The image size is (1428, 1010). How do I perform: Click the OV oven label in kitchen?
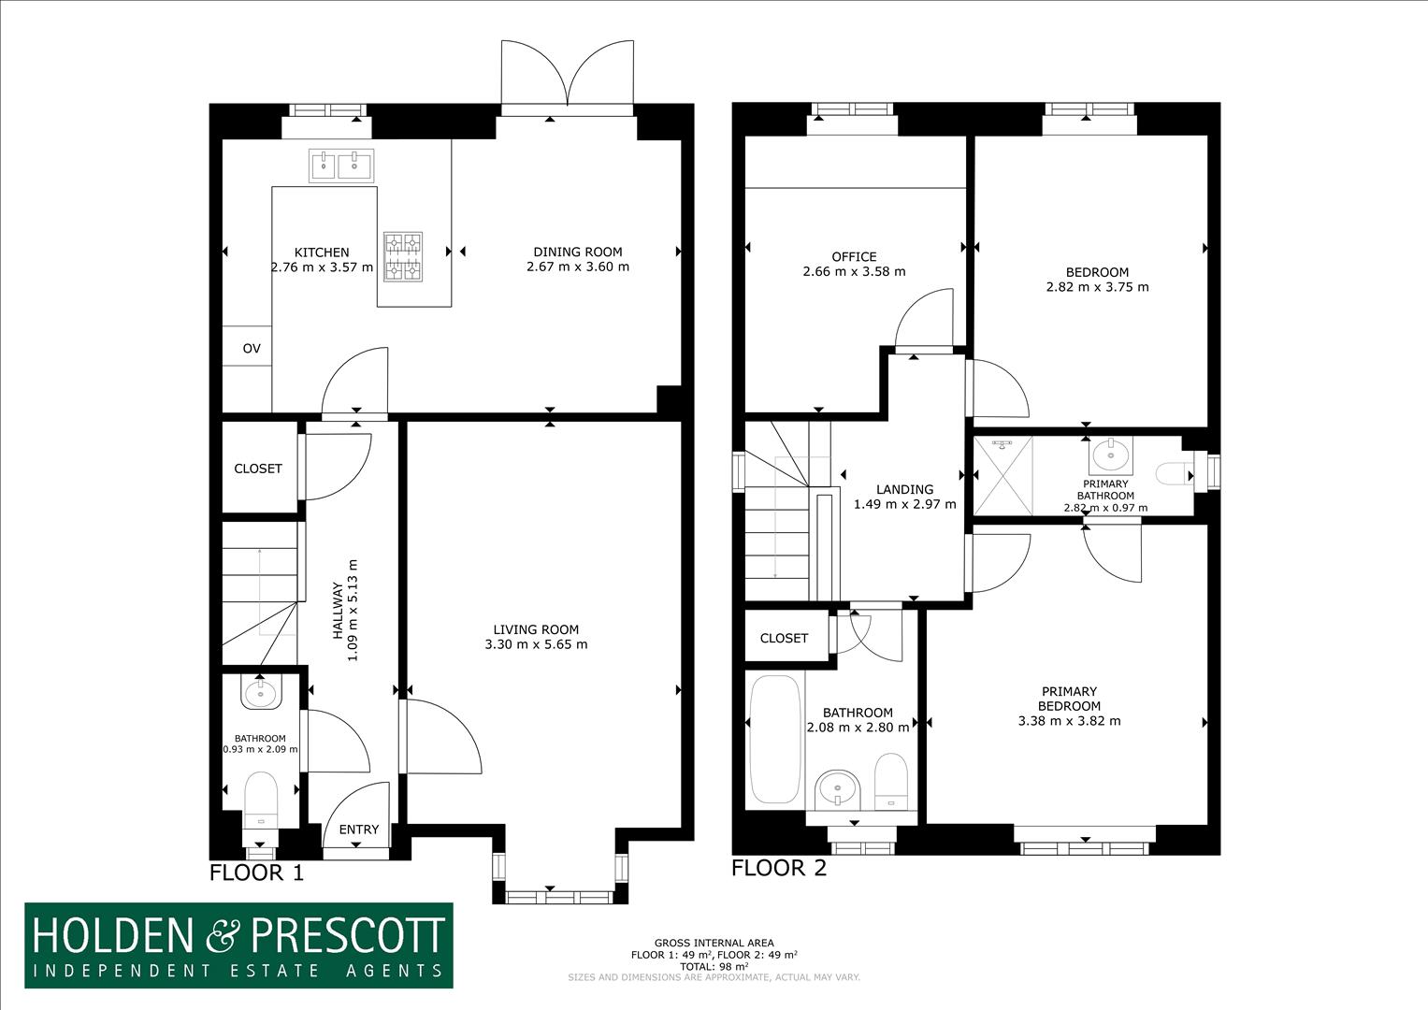[x=252, y=349]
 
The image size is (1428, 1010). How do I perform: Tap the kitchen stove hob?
[x=402, y=256]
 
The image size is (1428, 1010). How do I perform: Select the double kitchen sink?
[x=341, y=166]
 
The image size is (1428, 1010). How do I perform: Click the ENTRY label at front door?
[x=359, y=830]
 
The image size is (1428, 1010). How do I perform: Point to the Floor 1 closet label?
[x=258, y=469]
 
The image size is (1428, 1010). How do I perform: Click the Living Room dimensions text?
[x=536, y=644]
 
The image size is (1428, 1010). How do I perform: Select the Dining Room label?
[x=577, y=252]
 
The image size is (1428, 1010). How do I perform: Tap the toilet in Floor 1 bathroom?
[x=260, y=801]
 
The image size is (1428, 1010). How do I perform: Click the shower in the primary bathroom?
[x=1003, y=476]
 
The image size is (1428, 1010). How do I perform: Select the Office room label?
[x=854, y=256]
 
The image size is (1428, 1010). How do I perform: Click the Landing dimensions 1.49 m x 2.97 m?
[x=904, y=504]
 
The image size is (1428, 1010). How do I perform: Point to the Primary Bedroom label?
[x=1069, y=699]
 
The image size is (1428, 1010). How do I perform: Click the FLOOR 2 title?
[x=779, y=868]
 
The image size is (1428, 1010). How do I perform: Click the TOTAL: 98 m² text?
[x=714, y=966]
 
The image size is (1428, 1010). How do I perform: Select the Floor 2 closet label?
[x=784, y=638]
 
